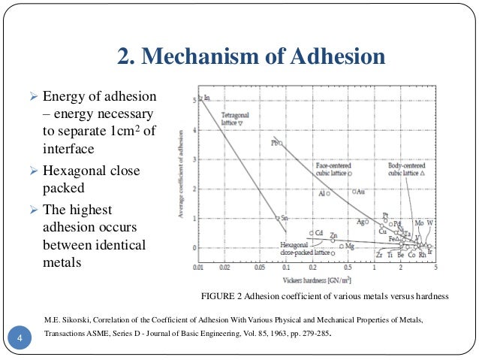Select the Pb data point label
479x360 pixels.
tap(275, 143)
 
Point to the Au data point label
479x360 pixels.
tap(360, 192)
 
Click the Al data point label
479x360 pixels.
tap(322, 194)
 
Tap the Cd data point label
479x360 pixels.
tap(319, 233)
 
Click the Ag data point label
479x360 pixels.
tap(360, 222)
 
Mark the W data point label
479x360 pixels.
tap(430, 223)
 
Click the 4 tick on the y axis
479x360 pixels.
tap(193, 129)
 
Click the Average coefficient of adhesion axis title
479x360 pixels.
tap(181, 177)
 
